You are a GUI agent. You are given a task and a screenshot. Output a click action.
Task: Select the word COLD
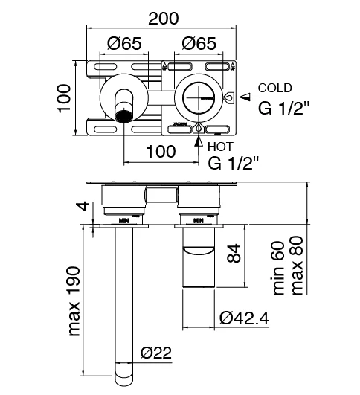click(274, 89)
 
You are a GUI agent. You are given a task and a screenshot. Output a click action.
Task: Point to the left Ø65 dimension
click(125, 44)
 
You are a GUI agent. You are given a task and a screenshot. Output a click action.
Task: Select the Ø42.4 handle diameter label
click(244, 318)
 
